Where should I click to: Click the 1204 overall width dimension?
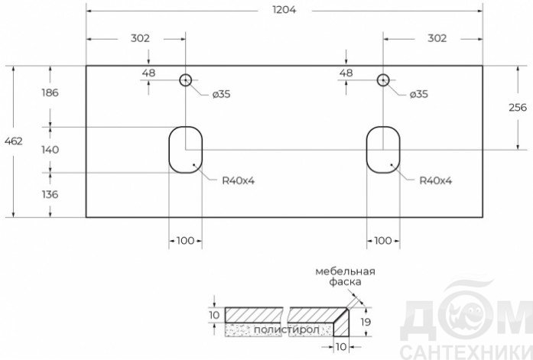[x=284, y=10]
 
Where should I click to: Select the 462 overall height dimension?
[x=14, y=141]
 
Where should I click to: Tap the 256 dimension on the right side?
[x=518, y=107]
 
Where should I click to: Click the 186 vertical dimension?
[x=50, y=92]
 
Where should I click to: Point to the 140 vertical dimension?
[x=50, y=150]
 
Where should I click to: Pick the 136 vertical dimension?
[x=50, y=194]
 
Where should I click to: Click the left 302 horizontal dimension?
[x=140, y=38]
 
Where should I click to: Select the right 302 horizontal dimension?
[x=437, y=38]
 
